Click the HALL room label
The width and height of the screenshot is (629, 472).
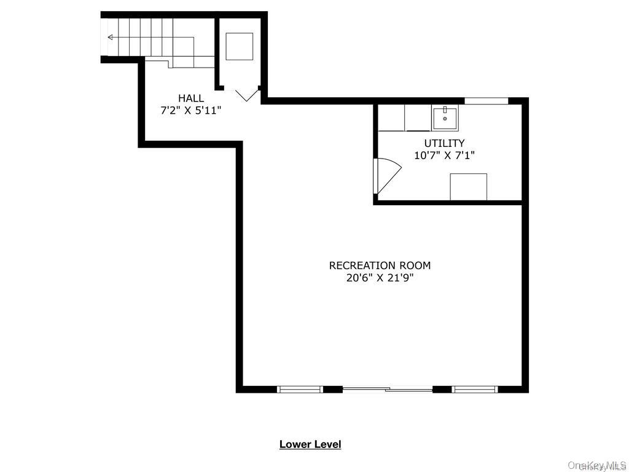tap(191, 98)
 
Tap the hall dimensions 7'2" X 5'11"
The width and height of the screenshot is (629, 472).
tap(190, 111)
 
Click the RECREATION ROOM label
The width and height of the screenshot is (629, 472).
tap(380, 265)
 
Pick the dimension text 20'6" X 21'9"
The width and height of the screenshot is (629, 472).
tap(380, 278)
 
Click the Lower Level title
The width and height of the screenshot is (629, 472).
tap(310, 444)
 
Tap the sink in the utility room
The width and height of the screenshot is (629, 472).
tap(445, 117)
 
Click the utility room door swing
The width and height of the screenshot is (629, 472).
tap(386, 176)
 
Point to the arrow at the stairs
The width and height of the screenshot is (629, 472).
tap(111, 37)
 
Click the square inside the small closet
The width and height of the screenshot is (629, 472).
tap(240, 46)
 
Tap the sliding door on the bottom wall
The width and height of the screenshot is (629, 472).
tap(388, 389)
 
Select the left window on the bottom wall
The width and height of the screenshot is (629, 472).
tap(300, 389)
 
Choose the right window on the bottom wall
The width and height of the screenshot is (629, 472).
tap(475, 389)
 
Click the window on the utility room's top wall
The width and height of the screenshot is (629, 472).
tap(486, 101)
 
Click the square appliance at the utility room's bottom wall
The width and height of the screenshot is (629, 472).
tap(468, 187)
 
